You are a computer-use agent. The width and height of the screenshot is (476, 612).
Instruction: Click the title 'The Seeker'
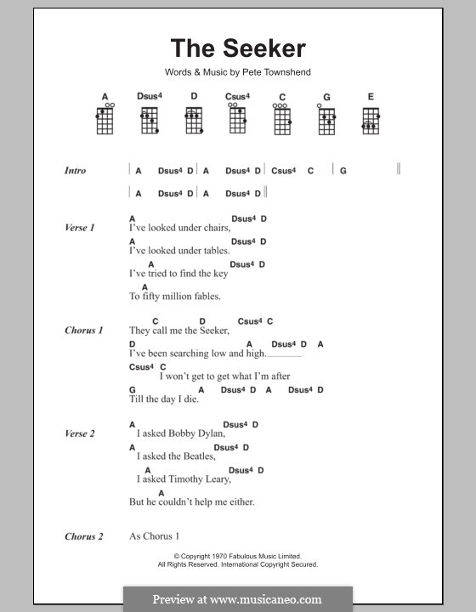[x=237, y=48]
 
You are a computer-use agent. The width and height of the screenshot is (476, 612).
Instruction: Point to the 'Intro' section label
[x=75, y=171]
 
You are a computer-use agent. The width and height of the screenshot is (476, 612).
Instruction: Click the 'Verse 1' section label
[x=79, y=228]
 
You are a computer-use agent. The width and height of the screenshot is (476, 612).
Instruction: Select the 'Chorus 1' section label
[x=83, y=330]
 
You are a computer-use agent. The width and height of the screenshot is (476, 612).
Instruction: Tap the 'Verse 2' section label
[x=79, y=433]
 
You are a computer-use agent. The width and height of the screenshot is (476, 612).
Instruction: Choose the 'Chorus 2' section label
[x=83, y=536]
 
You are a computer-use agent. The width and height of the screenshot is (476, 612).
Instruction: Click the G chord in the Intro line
[x=343, y=171]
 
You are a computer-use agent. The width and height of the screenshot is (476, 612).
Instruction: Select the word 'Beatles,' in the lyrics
[x=199, y=456]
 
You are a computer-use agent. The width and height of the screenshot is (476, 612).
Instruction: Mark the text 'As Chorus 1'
[x=155, y=536]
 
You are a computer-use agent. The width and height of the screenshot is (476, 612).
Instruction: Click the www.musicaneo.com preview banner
[x=237, y=598]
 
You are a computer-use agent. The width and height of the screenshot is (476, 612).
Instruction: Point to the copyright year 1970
[x=201, y=557]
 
